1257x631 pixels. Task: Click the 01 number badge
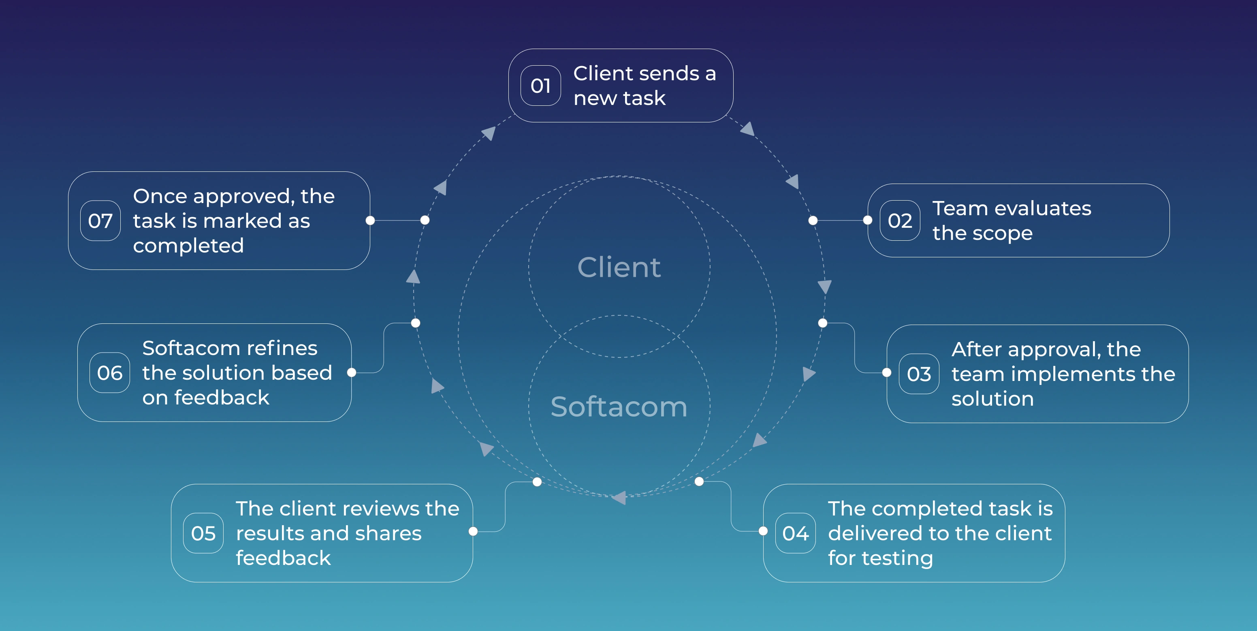point(540,86)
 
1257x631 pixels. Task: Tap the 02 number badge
point(899,220)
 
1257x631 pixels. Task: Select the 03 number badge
point(918,374)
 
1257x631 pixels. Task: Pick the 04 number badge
point(795,533)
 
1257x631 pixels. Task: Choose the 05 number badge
point(203,533)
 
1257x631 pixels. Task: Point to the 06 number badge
point(109,373)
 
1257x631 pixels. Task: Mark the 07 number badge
point(100,220)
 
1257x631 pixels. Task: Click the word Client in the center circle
point(619,267)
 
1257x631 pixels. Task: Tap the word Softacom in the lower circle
point(619,406)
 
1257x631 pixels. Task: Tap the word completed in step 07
point(188,246)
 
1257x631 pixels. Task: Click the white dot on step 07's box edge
point(370,220)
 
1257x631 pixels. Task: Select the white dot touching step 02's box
point(868,220)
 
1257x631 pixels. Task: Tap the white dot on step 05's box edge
point(473,531)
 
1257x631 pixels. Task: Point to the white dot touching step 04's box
point(763,531)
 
